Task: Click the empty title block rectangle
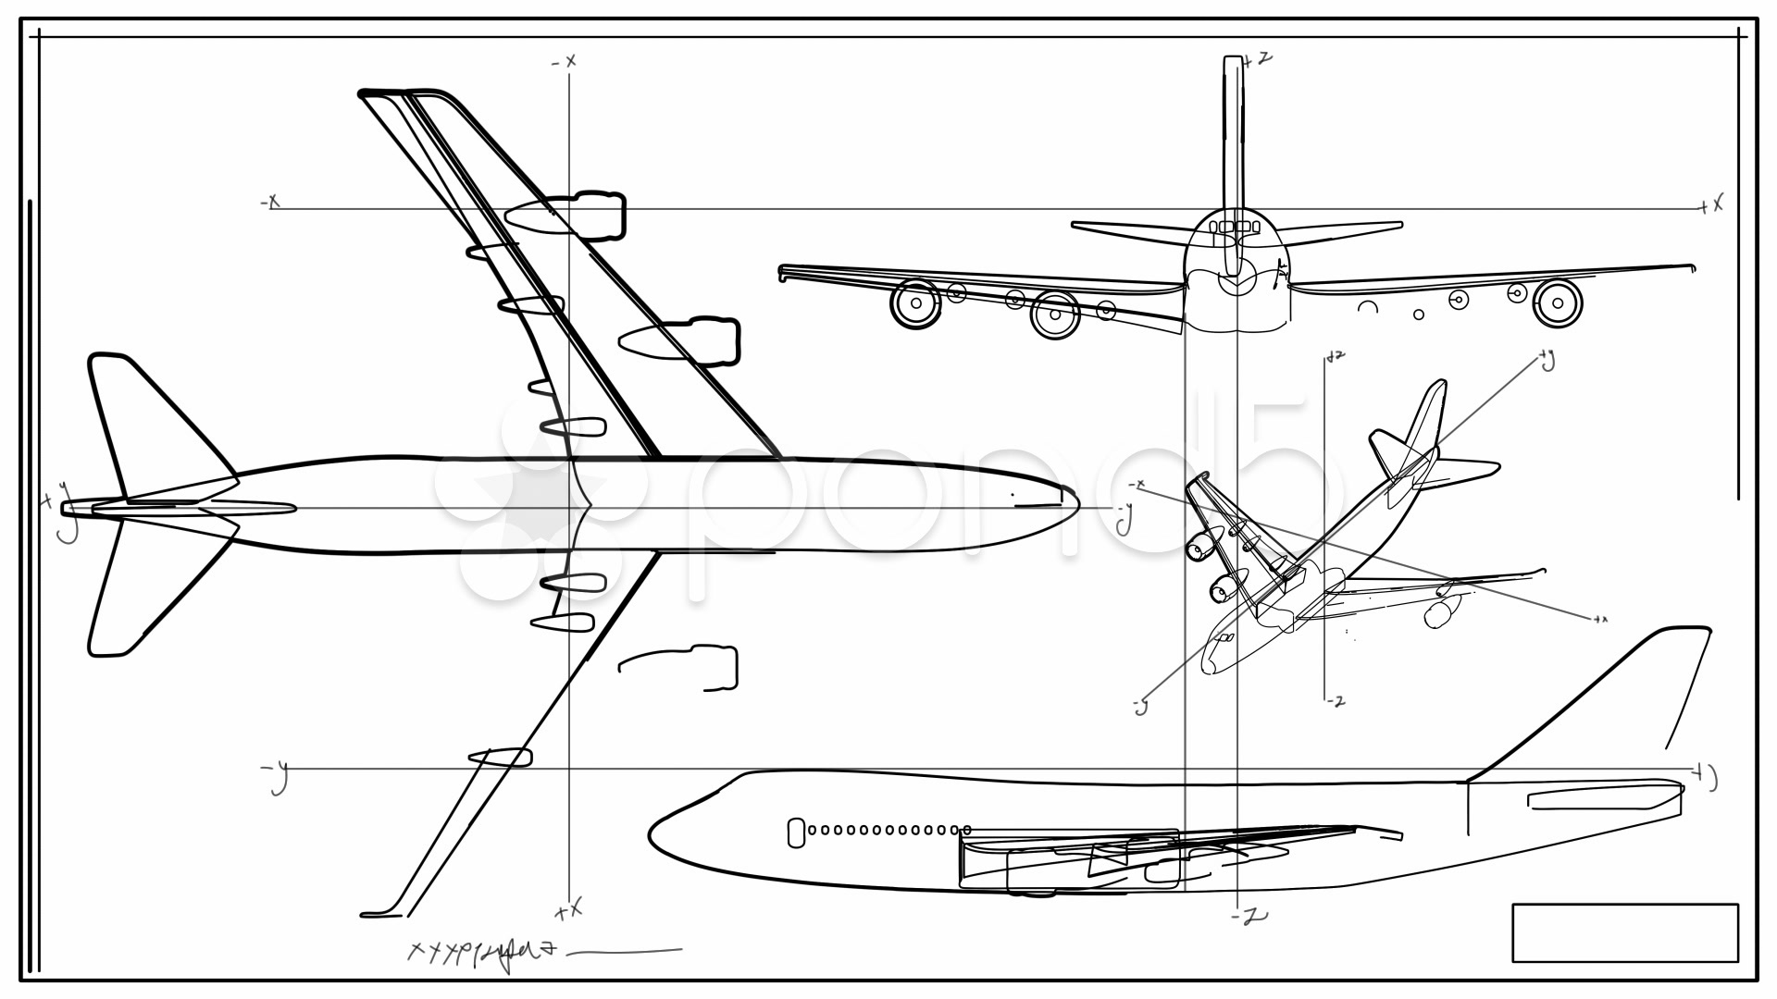(1624, 932)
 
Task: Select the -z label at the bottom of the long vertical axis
(1249, 916)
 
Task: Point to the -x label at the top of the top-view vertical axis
(564, 62)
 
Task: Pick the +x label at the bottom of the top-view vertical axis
(568, 910)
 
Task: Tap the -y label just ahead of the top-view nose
(1124, 518)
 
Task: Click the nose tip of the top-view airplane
(1076, 501)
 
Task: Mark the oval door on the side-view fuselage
(795, 832)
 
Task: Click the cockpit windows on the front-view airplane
(1235, 227)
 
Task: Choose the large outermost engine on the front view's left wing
(915, 302)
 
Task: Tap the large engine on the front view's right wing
(1557, 302)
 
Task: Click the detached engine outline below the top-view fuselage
(685, 668)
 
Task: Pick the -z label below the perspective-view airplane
(1335, 701)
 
